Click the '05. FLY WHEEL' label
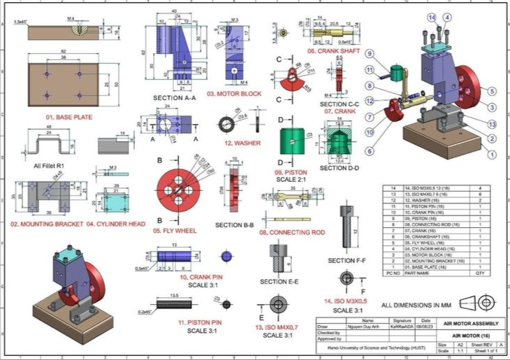[x=174, y=230]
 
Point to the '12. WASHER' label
[x=238, y=143]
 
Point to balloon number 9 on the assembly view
[x=369, y=54]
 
